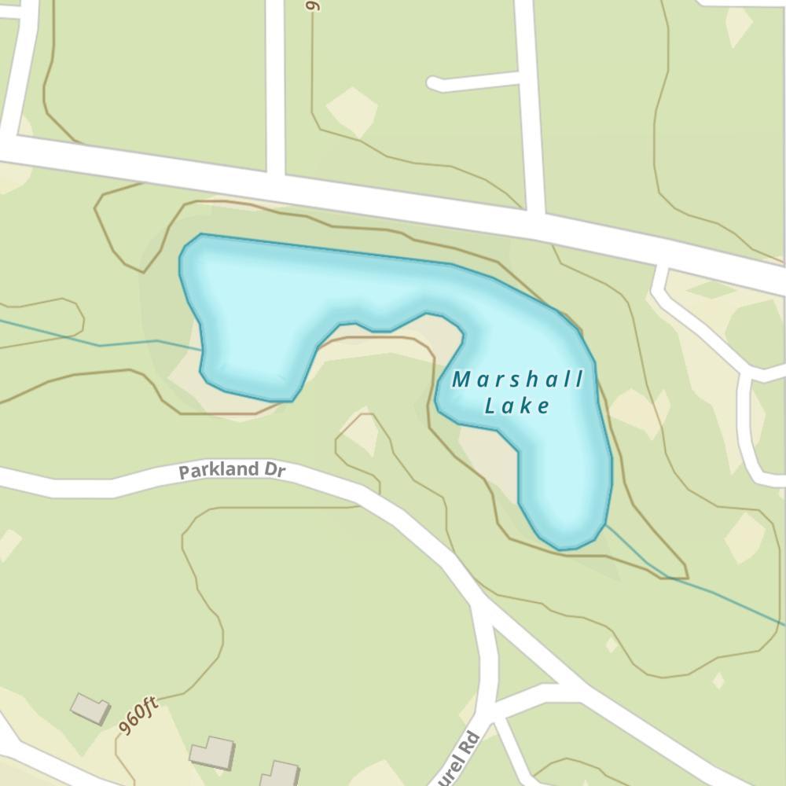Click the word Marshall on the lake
pos(518,380)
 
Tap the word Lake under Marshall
pos(516,406)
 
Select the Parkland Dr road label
pos(230,470)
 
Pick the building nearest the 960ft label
pos(90,708)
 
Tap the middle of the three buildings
pos(212,753)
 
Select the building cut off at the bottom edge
pos(279,773)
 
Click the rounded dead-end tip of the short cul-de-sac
pos(433,83)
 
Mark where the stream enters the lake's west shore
pos(200,348)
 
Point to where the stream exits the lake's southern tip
pos(605,525)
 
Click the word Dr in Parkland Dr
pos(274,469)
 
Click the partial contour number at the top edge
pos(312,5)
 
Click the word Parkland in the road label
pos(219,471)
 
